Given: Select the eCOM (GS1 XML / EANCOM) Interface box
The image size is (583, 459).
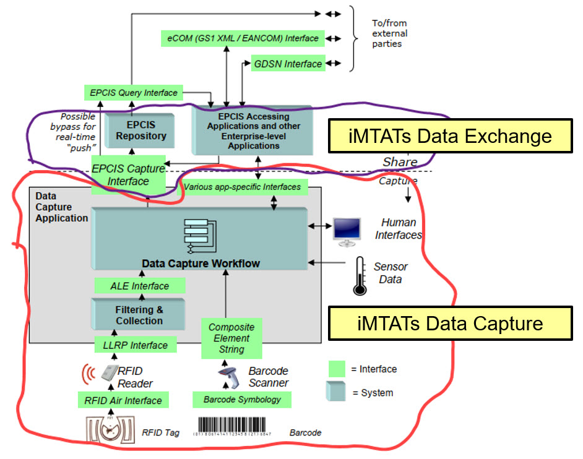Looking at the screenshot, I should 242,38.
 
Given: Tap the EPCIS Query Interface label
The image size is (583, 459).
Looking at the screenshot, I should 132,93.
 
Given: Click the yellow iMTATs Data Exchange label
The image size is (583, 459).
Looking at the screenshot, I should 450,135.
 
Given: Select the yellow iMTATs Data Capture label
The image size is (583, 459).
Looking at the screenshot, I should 450,323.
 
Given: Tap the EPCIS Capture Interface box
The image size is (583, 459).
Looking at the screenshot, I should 129,174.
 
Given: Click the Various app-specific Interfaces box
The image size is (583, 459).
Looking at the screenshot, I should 242,186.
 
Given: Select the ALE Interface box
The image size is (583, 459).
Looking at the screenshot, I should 139,286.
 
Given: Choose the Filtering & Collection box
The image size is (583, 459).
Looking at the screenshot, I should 139,315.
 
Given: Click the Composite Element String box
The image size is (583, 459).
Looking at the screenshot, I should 227,338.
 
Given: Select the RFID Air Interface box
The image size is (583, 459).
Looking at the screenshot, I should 123,400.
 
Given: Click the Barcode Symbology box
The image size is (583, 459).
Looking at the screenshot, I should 242,400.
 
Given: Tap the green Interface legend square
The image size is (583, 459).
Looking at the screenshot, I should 336,369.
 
